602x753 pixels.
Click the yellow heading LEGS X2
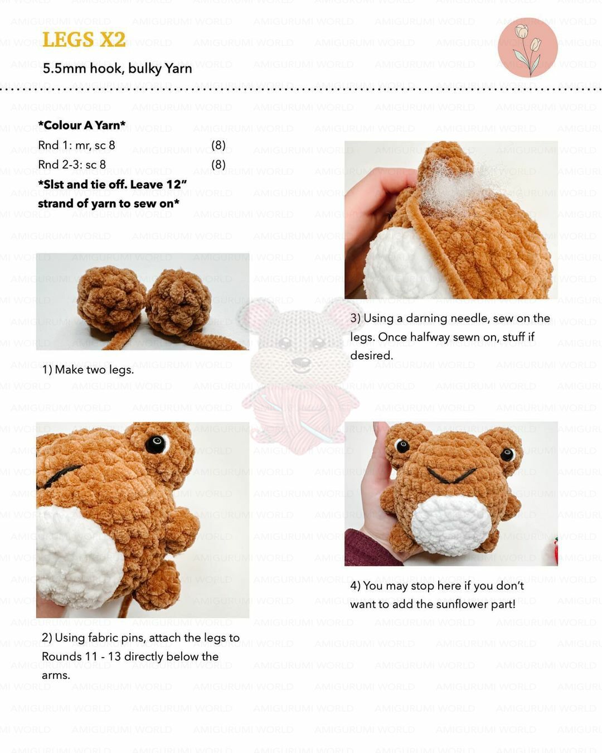pyautogui.click(x=84, y=39)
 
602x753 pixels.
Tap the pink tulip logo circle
pyautogui.click(x=527, y=47)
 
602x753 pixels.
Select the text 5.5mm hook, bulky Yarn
pyautogui.click(x=117, y=69)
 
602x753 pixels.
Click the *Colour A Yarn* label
pyautogui.click(x=81, y=125)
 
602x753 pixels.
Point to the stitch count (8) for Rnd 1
pyautogui.click(x=219, y=145)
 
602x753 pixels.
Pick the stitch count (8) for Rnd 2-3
pyautogui.click(x=219, y=164)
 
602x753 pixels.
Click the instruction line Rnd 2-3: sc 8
pyautogui.click(x=72, y=165)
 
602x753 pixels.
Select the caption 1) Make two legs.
pyautogui.click(x=88, y=369)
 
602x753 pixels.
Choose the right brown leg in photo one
pyautogui.click(x=179, y=301)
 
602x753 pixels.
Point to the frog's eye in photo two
pyautogui.click(x=156, y=444)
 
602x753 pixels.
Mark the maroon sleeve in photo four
pyautogui.click(x=371, y=548)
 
